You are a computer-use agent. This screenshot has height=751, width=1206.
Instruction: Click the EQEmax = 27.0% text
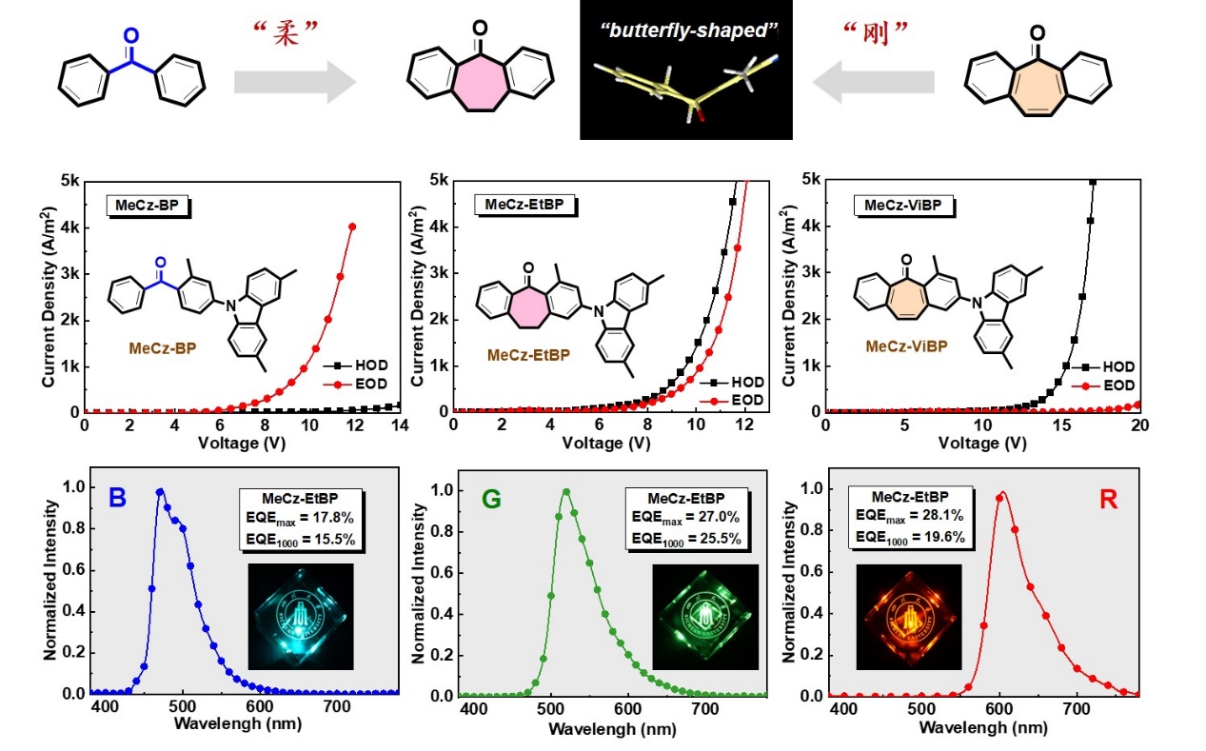point(685,521)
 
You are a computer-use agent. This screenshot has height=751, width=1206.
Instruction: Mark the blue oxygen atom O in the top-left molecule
point(131,36)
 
